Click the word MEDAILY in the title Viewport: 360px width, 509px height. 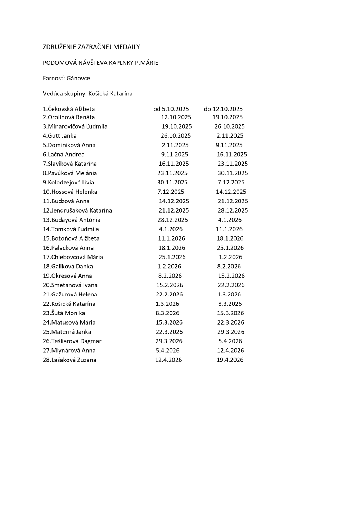127,47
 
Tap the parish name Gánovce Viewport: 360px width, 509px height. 78,78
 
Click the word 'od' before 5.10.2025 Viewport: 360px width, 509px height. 157,109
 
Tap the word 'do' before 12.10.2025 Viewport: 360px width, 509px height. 207,109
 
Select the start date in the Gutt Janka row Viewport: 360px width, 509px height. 176,136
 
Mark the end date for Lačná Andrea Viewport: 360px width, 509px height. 232,155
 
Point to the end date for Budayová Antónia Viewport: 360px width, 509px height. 230,220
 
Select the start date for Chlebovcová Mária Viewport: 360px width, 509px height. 172,257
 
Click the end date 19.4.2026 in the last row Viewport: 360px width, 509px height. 230,360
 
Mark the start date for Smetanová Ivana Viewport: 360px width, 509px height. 170,285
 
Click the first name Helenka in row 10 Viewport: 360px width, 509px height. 86,192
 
